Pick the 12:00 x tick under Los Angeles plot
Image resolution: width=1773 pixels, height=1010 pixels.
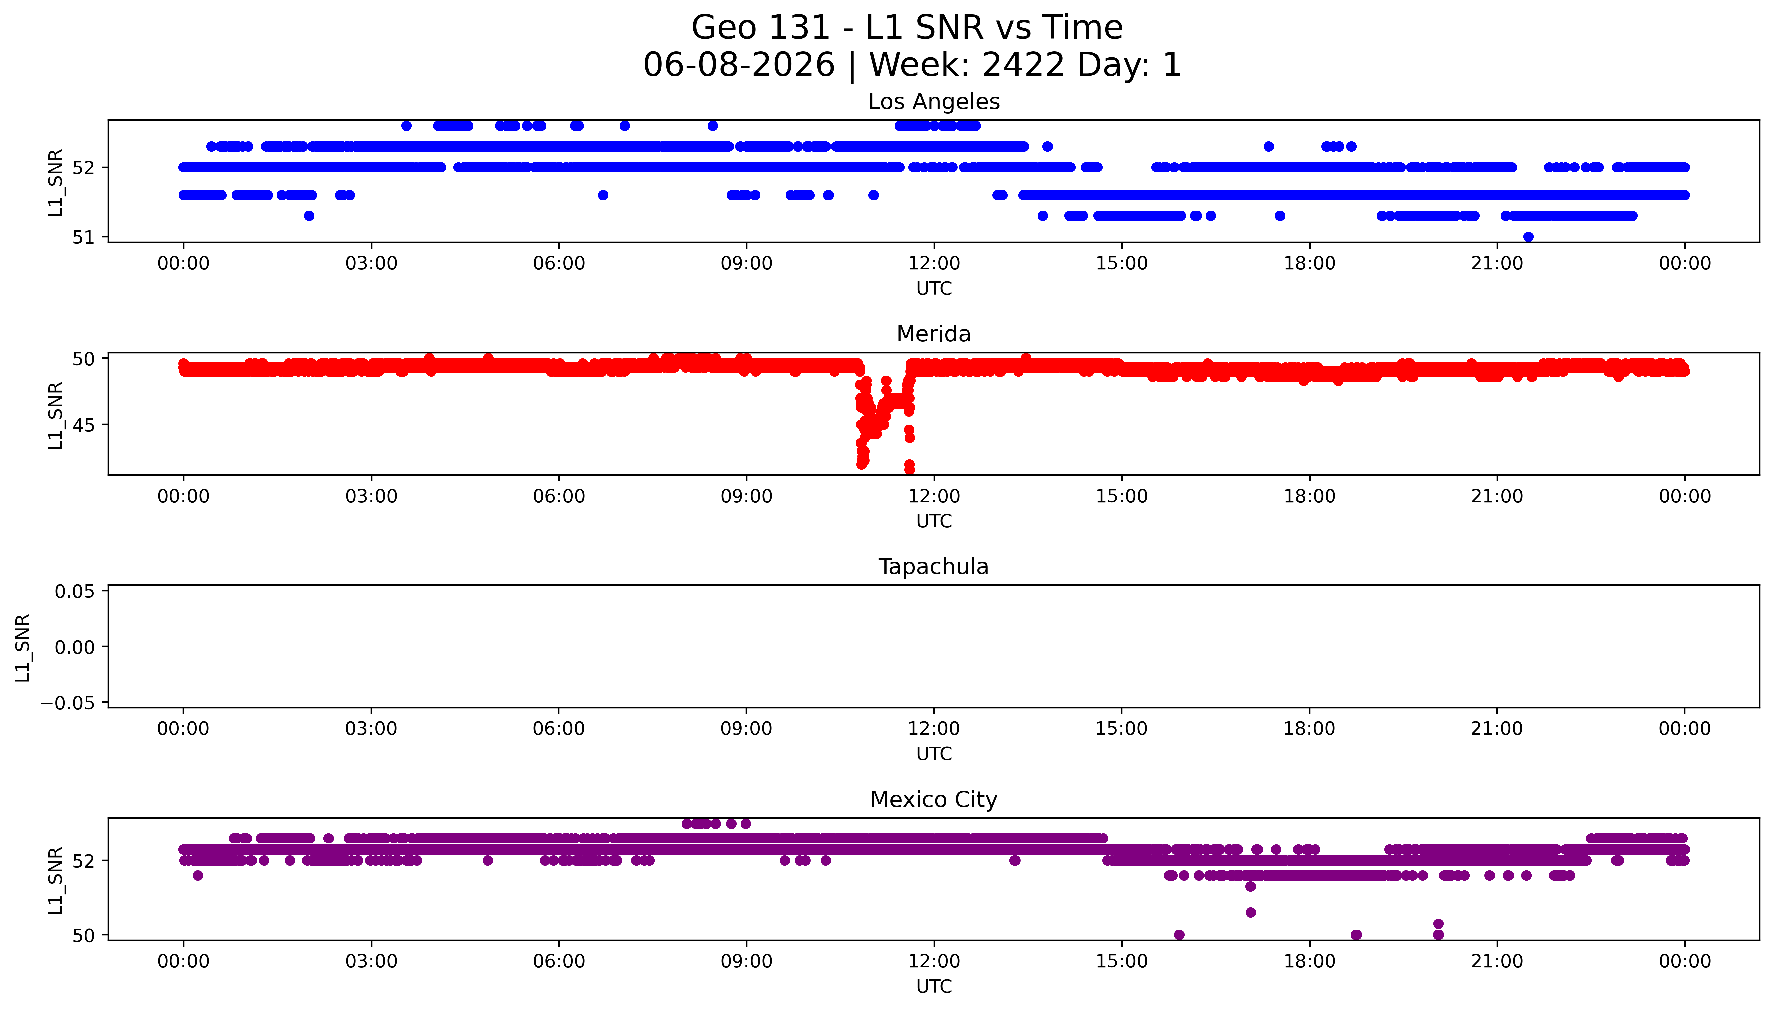click(x=934, y=264)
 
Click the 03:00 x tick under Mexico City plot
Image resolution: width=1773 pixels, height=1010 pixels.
click(x=371, y=961)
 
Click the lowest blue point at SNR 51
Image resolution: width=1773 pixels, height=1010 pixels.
click(x=1528, y=237)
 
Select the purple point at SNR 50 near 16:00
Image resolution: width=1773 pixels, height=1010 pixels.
click(x=1179, y=935)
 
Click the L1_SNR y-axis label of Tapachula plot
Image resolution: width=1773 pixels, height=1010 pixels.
click(x=23, y=647)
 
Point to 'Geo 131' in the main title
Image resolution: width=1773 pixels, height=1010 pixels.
click(x=761, y=28)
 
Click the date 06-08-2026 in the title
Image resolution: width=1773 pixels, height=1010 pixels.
click(x=739, y=65)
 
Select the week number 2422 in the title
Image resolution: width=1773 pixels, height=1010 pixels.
click(x=1024, y=65)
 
